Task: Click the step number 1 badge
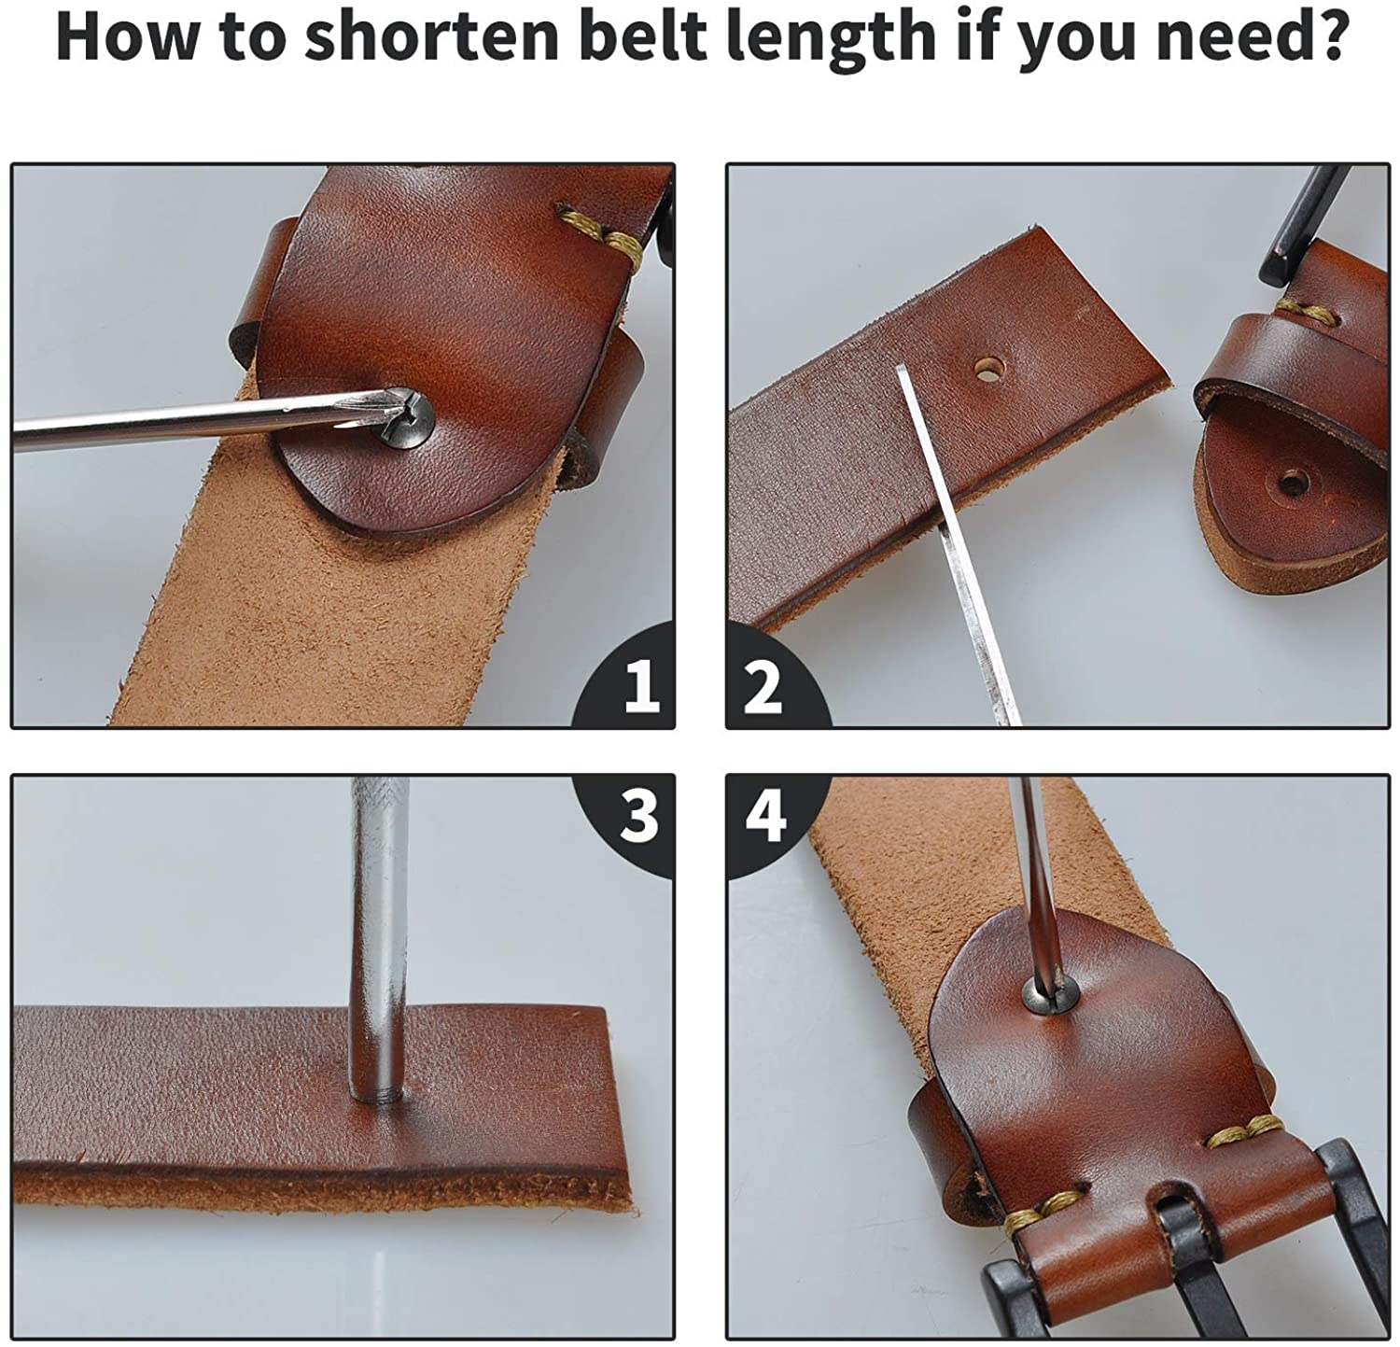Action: tap(628, 679)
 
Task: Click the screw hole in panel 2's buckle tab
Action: tap(1292, 483)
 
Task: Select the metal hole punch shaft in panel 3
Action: tap(378, 938)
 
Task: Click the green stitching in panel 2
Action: tap(1302, 311)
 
